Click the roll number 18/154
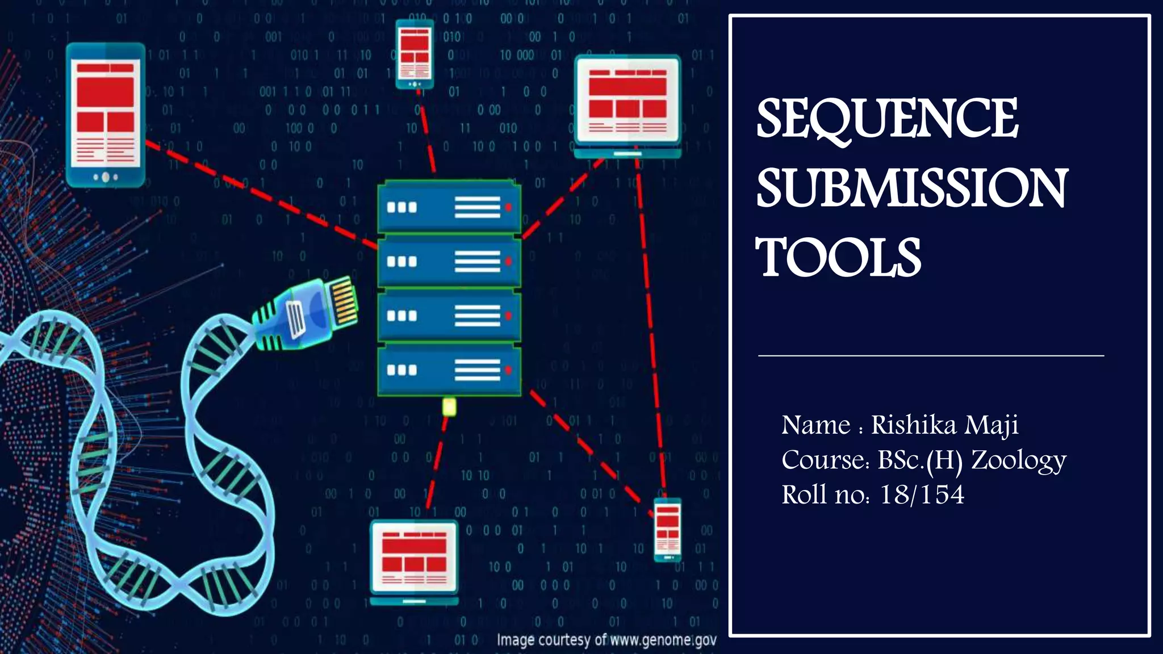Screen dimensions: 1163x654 [921, 494]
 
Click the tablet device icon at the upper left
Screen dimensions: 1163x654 [106, 115]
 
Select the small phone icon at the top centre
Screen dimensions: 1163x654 [415, 54]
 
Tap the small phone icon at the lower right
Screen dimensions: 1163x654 [668, 530]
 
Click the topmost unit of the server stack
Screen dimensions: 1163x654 [449, 207]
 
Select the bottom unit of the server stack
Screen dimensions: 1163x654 [449, 370]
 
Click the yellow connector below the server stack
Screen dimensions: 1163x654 [449, 406]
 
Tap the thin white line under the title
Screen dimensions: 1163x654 [931, 356]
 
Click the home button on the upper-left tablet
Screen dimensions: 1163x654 [105, 178]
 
